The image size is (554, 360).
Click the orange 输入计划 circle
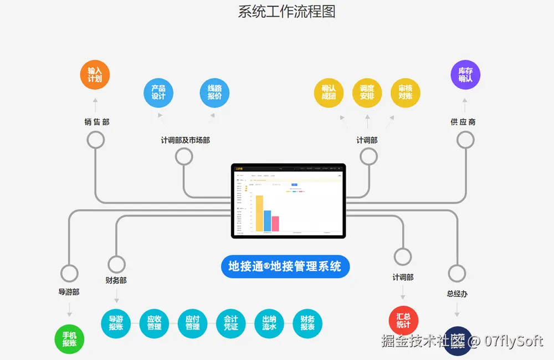tap(95, 75)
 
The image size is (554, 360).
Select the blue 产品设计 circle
tap(158, 92)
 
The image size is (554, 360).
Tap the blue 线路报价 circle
tap(214, 92)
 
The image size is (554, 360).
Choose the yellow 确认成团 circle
tap(329, 92)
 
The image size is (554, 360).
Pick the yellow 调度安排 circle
tap(367, 92)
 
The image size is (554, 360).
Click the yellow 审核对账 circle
tap(405, 92)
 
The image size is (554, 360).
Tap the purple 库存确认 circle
tap(465, 75)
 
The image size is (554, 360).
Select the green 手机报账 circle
tap(69, 339)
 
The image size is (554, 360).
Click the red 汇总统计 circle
tap(403, 321)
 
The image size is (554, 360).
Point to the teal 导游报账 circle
tap(116, 323)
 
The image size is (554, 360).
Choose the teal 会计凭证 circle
tap(230, 323)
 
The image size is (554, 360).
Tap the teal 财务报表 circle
tap(307, 323)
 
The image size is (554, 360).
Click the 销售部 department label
tap(97, 122)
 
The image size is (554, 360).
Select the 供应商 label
tap(463, 122)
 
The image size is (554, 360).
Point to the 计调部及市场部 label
tap(185, 140)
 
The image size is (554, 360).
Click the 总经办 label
tap(457, 294)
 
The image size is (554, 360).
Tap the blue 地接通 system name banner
tap(285, 266)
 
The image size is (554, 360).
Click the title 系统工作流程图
tap(286, 12)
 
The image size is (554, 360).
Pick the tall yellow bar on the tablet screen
tap(259, 213)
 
